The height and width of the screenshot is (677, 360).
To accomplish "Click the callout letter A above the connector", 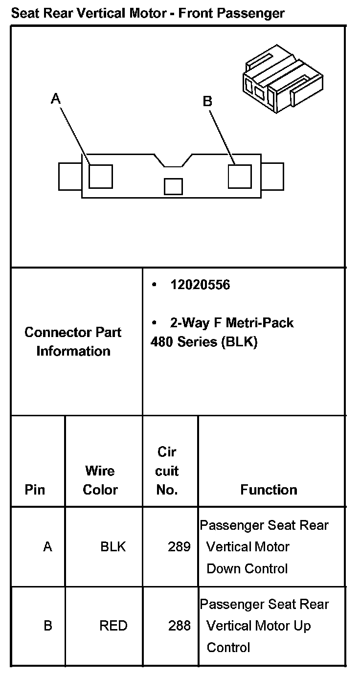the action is pos(56,99).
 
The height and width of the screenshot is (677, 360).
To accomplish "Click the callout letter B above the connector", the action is pos(207,101).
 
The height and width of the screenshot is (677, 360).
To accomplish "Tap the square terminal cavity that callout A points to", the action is pos(101,176).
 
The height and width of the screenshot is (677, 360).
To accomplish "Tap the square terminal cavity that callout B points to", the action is pos(240,176).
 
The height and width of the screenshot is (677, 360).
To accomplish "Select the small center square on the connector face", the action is pos(173,186).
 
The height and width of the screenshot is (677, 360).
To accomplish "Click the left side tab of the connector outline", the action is pos(69,176).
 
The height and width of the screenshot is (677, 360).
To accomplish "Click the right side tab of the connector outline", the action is pos(272,176).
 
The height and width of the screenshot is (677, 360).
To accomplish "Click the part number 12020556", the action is pos(200,285).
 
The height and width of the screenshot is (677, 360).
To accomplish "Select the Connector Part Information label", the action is pos(73,341).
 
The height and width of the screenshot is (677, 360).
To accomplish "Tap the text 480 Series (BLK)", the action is pos(203,342).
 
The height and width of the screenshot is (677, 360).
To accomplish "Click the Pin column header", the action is pos(35,490).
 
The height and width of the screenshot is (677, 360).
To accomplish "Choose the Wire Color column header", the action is pos(100,480).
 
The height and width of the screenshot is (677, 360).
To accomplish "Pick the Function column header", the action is pos(269,490).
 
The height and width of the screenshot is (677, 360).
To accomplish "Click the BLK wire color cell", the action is pos(113,546).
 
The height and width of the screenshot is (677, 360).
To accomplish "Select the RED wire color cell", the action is pos(113,626).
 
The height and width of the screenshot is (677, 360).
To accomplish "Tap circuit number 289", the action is pos(179,546).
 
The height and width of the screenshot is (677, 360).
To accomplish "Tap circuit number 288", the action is pos(179,626).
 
